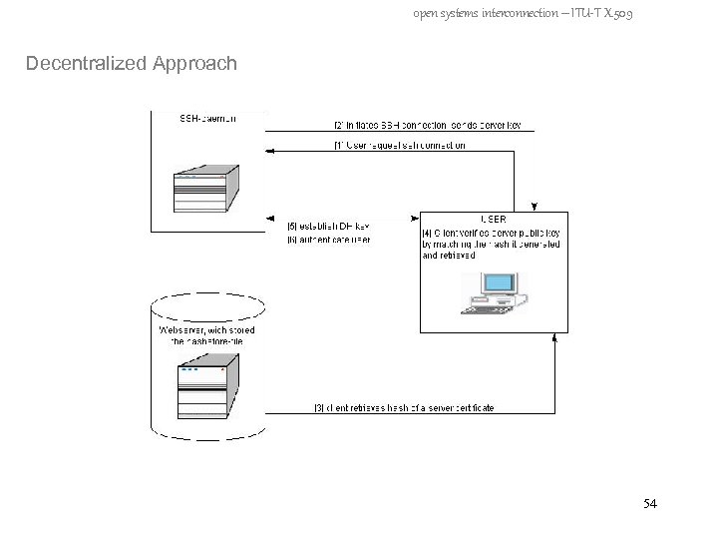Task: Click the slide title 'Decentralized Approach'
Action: coord(132,64)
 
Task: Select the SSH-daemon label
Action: coord(207,118)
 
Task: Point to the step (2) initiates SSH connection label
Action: coord(433,126)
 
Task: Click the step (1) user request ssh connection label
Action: coord(399,146)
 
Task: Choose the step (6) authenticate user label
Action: coord(328,240)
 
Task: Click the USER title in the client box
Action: coord(493,220)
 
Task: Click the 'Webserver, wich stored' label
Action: coord(207,329)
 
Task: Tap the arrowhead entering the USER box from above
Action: coord(536,207)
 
